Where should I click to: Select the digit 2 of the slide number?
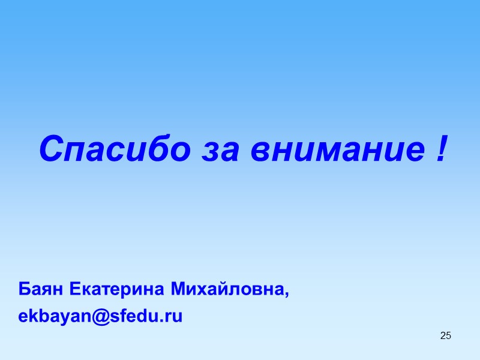443,335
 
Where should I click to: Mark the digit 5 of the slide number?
448,335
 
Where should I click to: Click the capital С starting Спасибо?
51,149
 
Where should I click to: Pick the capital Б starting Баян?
25,290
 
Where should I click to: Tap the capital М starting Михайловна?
179,290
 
